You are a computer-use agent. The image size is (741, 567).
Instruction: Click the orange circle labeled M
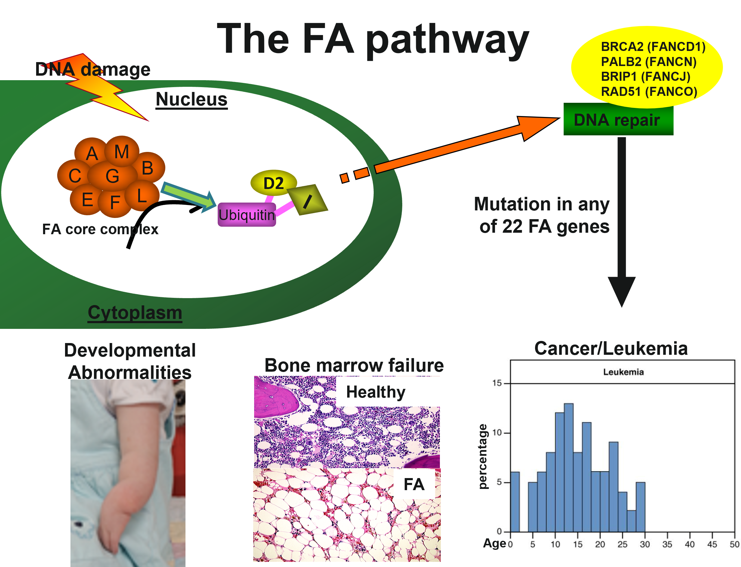click(x=122, y=152)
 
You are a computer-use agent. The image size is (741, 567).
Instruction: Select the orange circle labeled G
click(x=112, y=176)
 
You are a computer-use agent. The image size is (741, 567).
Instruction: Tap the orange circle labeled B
click(x=148, y=168)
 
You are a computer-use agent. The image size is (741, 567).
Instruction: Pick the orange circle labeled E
click(x=87, y=200)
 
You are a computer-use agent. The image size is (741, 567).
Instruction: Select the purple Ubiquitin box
click(x=247, y=215)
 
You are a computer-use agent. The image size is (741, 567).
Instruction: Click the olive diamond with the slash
click(x=307, y=200)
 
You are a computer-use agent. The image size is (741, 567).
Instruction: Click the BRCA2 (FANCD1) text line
click(x=653, y=47)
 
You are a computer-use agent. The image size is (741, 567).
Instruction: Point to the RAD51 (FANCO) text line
click(x=649, y=91)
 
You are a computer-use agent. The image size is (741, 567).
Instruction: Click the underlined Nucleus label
click(x=191, y=99)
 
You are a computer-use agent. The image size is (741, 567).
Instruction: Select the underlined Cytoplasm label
click(x=135, y=313)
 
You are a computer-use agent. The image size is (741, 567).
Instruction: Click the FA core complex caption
click(x=100, y=229)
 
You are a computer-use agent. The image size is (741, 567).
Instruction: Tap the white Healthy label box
click(x=388, y=392)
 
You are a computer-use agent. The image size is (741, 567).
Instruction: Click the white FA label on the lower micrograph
click(x=414, y=484)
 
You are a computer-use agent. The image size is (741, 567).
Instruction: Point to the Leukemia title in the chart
click(x=623, y=372)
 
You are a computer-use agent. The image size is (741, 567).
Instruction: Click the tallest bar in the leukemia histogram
click(x=568, y=468)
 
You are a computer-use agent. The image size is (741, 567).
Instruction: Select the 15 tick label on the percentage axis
click(x=497, y=383)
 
